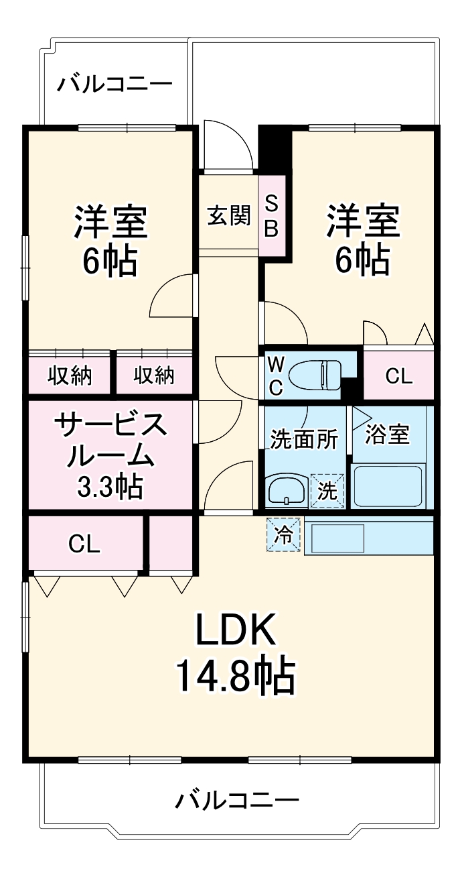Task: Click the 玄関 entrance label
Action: click(228, 217)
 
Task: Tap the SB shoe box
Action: click(271, 216)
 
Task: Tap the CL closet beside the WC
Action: click(398, 376)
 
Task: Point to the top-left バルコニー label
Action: click(115, 84)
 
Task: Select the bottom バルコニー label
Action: click(237, 800)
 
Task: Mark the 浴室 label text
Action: click(386, 434)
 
